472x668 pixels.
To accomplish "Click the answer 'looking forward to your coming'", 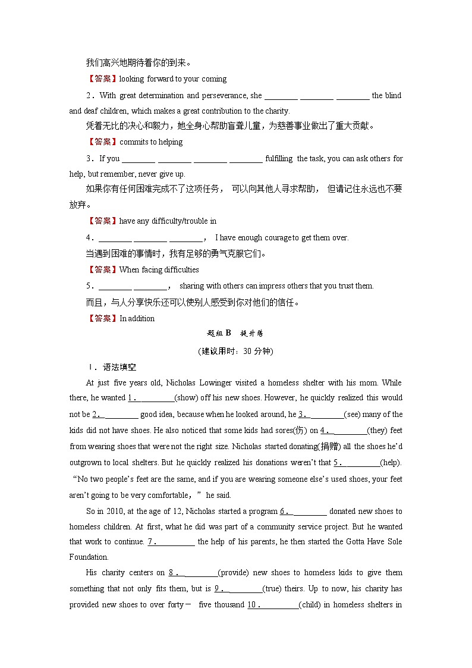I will [x=173, y=79].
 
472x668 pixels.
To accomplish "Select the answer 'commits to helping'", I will [x=151, y=142].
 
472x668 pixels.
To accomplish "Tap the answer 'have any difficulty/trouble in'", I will [x=168, y=221].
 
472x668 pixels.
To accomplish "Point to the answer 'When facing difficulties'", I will [x=159, y=269].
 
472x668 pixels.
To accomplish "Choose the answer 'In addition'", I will [x=137, y=318].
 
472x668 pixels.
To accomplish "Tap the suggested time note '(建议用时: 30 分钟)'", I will [x=235, y=351].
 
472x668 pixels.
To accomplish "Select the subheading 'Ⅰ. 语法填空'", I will [x=111, y=367].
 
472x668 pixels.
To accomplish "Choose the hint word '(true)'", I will [x=275, y=588].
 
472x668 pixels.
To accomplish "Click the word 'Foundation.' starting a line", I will [x=89, y=557].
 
